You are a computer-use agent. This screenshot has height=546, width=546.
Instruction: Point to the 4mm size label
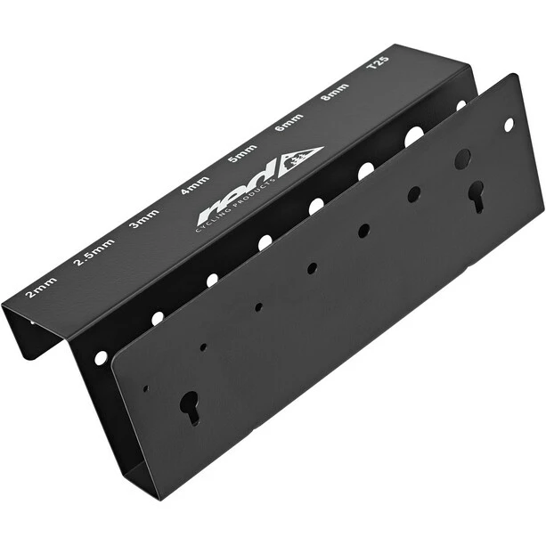pyautogui.click(x=194, y=185)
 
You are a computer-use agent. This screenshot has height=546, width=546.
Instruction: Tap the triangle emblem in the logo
pyautogui.click(x=299, y=159)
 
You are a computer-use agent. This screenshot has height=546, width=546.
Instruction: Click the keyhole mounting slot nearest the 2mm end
pyautogui.click(x=190, y=405)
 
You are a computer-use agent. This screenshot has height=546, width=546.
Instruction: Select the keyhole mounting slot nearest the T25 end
pyautogui.click(x=477, y=194)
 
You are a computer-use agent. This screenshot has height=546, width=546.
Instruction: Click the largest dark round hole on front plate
pyautogui.click(x=462, y=159)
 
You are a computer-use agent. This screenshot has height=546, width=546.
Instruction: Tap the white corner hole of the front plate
pyautogui.click(x=509, y=125)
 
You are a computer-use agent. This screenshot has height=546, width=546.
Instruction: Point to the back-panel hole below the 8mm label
pyautogui.click(x=414, y=136)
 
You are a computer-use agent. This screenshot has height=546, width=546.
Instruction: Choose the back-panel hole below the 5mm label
pyautogui.click(x=316, y=205)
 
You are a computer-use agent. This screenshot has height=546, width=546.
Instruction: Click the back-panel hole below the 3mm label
pyautogui.click(x=212, y=279)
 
